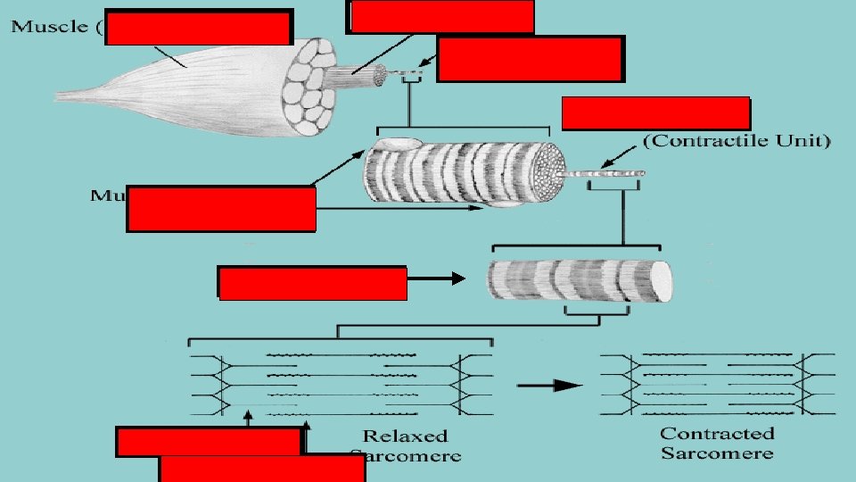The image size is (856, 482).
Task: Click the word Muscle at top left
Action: tap(49, 27)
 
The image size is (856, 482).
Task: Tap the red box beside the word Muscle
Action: tap(199, 27)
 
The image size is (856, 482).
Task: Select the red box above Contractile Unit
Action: tap(656, 113)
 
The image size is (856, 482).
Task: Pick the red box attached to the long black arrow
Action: tap(312, 283)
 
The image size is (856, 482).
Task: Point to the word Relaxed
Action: tap(405, 436)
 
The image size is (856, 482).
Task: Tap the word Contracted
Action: tap(717, 434)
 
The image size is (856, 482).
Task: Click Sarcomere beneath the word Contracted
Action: tap(717, 453)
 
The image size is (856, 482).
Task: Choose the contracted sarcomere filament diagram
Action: tap(718, 382)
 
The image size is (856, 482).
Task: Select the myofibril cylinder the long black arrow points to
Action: tap(578, 281)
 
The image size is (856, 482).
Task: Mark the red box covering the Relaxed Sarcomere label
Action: tap(262, 469)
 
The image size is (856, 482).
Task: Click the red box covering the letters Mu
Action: tap(221, 208)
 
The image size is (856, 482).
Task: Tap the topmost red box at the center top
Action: tap(442, 16)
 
